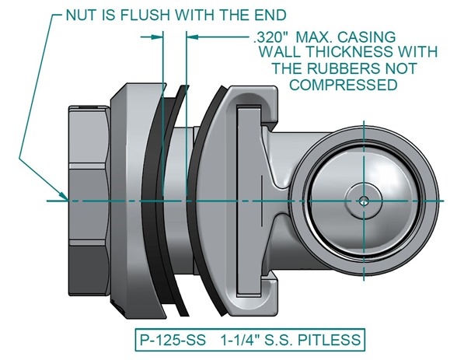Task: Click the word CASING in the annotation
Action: coord(368,37)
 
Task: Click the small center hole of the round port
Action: coord(364,200)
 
